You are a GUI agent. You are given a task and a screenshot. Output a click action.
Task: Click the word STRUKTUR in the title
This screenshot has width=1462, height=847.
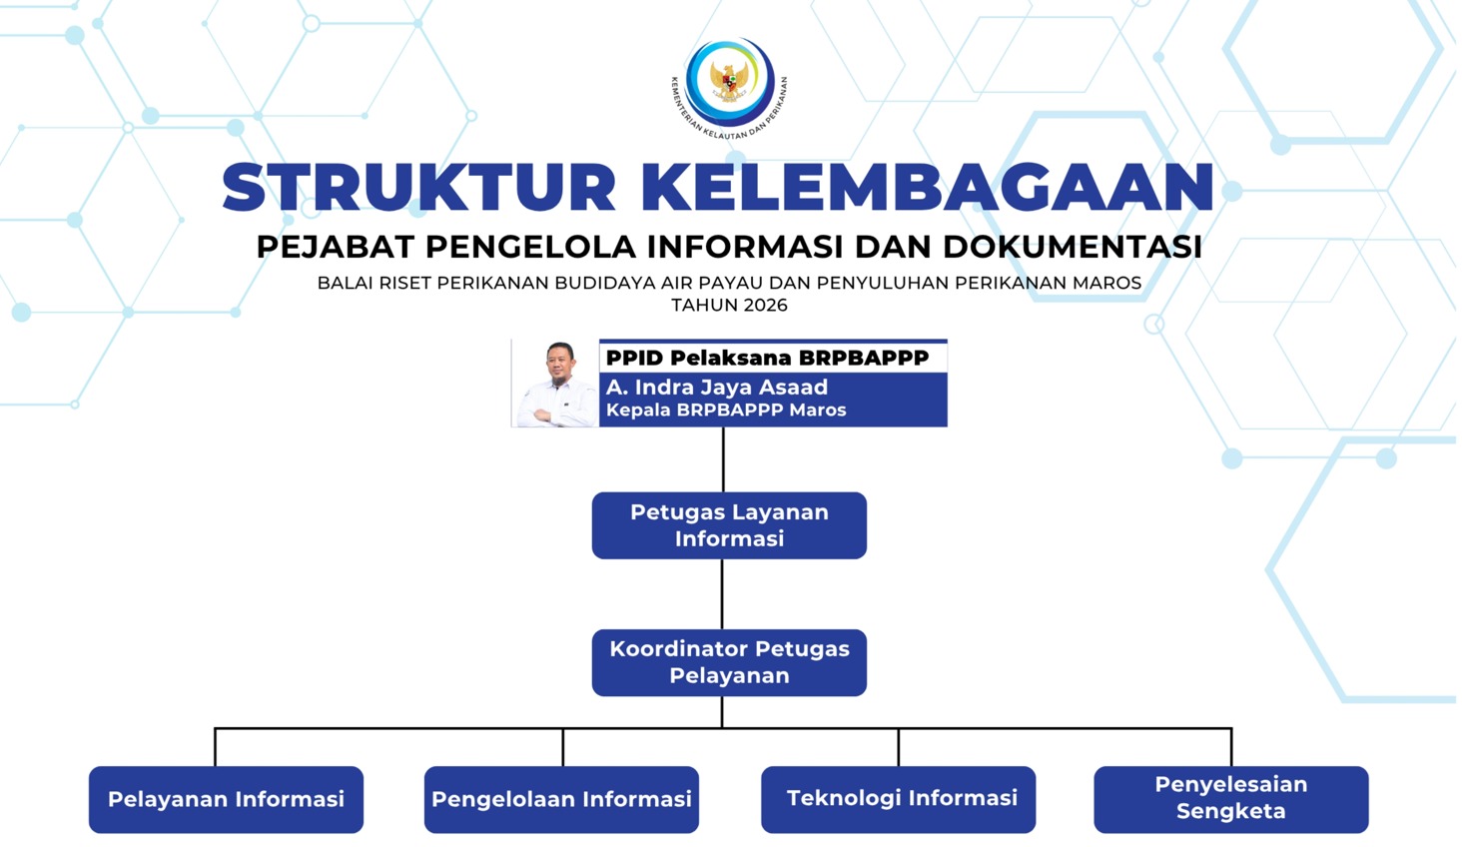point(418,188)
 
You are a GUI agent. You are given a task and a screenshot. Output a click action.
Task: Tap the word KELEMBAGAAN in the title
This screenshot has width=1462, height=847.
point(928,188)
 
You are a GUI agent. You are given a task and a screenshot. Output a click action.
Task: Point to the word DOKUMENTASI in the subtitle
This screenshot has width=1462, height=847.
point(1073,247)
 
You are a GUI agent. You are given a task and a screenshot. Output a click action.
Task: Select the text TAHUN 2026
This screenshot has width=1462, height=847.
point(730,305)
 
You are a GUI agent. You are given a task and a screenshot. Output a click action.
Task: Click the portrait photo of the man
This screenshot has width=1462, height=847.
point(555,384)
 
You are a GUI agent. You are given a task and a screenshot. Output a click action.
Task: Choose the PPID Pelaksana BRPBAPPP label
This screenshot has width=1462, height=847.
point(768,358)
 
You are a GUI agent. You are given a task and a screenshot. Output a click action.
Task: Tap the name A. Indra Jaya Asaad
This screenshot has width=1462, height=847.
point(717,388)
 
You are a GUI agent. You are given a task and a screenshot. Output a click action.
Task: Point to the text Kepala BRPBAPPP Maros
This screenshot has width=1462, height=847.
point(726,411)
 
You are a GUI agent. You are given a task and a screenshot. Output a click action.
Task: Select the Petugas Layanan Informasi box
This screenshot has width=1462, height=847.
point(729,525)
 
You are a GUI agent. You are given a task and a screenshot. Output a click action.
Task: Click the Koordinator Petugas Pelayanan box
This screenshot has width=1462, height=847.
point(729,662)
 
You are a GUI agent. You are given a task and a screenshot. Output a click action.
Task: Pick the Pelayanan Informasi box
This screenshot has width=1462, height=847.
point(226,799)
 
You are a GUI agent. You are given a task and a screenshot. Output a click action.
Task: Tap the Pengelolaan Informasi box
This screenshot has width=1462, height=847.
point(561,799)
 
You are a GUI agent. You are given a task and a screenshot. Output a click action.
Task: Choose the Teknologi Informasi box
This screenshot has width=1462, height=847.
point(898,799)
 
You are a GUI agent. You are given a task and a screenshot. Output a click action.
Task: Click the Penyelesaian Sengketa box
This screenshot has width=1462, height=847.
point(1231,799)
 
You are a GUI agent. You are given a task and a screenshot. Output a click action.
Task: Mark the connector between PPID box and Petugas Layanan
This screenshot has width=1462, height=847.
point(723,459)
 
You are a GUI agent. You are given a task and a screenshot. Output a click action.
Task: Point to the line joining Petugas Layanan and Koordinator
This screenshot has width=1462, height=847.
point(722,594)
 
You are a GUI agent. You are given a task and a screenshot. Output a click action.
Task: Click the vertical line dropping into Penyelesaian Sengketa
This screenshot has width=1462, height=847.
point(1231,747)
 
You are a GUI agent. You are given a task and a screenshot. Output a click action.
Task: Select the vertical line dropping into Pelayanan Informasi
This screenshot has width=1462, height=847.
point(215,747)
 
